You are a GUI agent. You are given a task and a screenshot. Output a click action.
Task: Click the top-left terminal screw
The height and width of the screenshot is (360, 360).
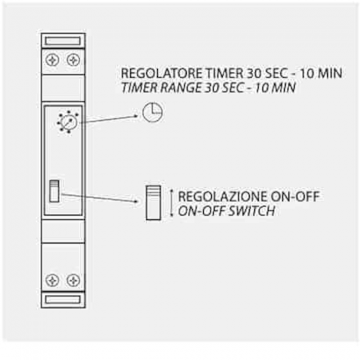coord(53,60)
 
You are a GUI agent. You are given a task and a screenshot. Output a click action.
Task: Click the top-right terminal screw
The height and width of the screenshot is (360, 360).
coord(73,60)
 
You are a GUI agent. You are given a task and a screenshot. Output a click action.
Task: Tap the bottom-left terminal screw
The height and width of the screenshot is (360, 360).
coord(53,280)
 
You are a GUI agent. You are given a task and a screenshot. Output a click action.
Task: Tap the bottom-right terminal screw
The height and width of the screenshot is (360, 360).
coord(73,280)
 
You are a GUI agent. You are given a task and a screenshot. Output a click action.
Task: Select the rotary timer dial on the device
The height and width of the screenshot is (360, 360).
coord(68,122)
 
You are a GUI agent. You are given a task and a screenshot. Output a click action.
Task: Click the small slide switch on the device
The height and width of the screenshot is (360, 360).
coord(54,191)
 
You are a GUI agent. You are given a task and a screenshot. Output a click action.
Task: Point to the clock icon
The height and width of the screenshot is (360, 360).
coord(152,112)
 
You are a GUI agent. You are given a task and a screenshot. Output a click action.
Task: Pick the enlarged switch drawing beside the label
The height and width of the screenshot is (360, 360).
coord(153,203)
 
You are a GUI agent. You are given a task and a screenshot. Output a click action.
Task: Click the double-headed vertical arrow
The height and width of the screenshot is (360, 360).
coord(171,203)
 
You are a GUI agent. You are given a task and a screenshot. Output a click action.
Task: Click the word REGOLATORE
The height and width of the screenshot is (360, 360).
coord(162,73)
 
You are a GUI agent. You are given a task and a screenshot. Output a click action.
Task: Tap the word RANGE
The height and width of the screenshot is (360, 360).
coord(180,88)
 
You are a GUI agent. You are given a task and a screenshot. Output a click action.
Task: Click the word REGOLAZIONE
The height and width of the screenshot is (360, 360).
coord(223,197)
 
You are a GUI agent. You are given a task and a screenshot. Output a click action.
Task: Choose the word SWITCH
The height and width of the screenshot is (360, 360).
coord(252,211)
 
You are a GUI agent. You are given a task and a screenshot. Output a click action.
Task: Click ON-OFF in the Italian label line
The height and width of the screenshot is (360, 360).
coord(295,197)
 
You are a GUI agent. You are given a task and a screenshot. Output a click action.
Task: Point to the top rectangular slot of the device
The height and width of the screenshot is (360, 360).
coord(63,42)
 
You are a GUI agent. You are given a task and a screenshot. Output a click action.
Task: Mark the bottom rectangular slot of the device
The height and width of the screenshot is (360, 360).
coord(63,300)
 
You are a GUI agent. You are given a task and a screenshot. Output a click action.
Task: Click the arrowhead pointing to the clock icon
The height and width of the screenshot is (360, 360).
coord(136,116)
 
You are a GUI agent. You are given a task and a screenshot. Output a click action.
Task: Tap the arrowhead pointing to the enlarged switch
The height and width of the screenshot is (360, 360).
coord(137,202)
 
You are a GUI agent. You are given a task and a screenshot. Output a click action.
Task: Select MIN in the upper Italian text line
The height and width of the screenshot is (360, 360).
coord(330,73)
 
